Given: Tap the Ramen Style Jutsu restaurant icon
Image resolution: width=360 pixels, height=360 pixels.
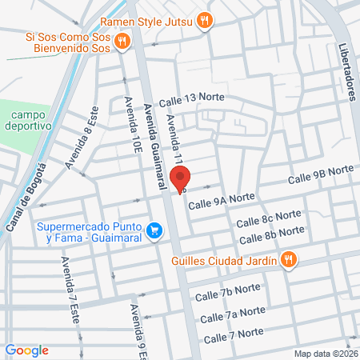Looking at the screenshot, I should click(205, 21).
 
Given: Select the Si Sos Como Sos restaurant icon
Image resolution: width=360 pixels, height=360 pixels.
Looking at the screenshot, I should click(122, 42).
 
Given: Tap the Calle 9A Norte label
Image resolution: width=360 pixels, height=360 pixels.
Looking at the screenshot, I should click(221, 198).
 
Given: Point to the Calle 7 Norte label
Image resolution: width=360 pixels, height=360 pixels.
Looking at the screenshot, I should click(234, 334).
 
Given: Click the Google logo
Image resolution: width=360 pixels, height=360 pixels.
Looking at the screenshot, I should click(27, 350).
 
